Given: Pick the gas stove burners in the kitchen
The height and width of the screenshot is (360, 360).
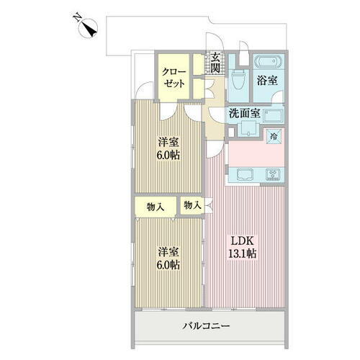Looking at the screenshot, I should point(274,174).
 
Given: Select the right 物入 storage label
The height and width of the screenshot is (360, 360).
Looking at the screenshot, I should point(192,205).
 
